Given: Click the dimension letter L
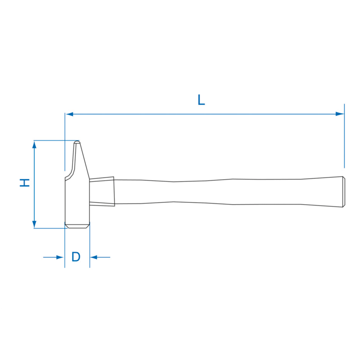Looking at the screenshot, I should click(x=201, y=100).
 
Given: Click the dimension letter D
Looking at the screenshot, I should click(x=76, y=257).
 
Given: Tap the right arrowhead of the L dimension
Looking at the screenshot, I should click(x=339, y=114).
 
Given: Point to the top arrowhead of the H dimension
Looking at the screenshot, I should click(x=34, y=144).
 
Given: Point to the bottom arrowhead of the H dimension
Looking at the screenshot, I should click(x=34, y=224).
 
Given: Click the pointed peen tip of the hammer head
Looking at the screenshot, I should click(x=77, y=142).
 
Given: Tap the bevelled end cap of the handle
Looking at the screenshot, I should click(x=343, y=191).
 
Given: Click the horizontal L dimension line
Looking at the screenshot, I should click(x=204, y=114).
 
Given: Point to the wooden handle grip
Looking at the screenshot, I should click(x=227, y=191).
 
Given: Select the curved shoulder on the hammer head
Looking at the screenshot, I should click(x=69, y=174).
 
